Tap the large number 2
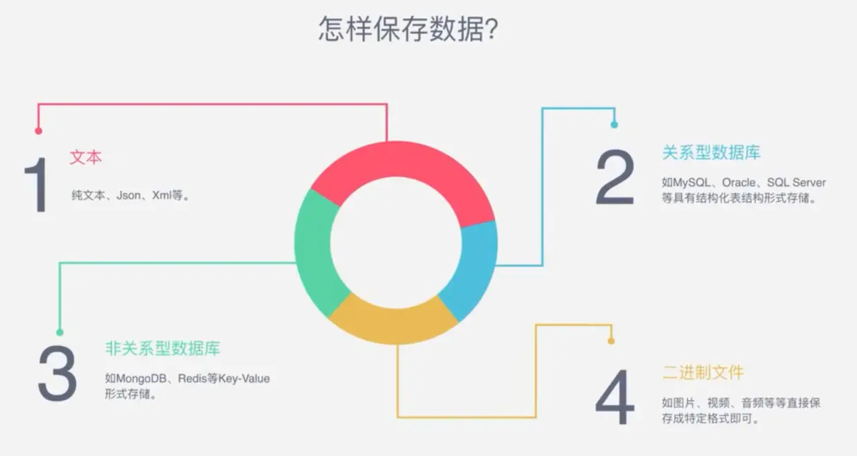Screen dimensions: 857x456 [614, 178]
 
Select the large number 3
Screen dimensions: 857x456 [57, 374]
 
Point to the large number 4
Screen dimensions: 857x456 [614, 397]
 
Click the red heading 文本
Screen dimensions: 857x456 [86, 158]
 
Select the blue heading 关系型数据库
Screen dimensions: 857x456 [711, 153]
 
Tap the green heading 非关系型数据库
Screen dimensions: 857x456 [162, 348]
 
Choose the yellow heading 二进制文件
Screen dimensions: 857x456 [703, 372]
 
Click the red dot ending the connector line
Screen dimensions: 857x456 [39, 130]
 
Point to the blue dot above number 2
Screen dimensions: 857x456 [614, 125]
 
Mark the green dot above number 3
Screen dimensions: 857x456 [59, 332]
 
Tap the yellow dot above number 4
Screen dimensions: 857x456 [611, 340]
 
